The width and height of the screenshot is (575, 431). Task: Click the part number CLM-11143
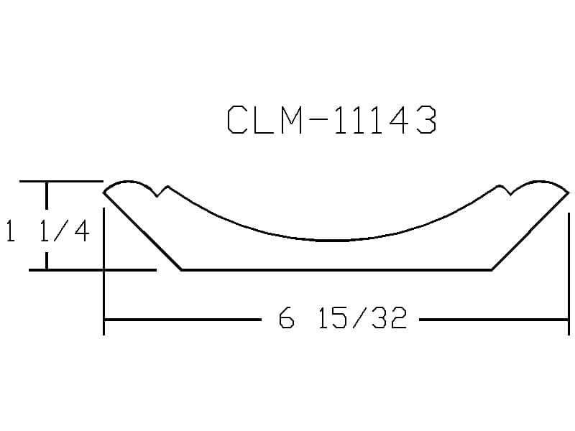click(332, 119)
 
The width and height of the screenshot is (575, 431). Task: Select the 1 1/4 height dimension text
click(47, 231)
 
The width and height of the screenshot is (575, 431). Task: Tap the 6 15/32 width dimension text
click(343, 318)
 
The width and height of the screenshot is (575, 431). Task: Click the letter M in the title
click(291, 119)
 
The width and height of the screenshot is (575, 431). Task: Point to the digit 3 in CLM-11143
click(427, 119)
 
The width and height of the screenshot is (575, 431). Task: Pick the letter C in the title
click(237, 119)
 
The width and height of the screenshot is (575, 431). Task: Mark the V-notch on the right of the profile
click(505, 190)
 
